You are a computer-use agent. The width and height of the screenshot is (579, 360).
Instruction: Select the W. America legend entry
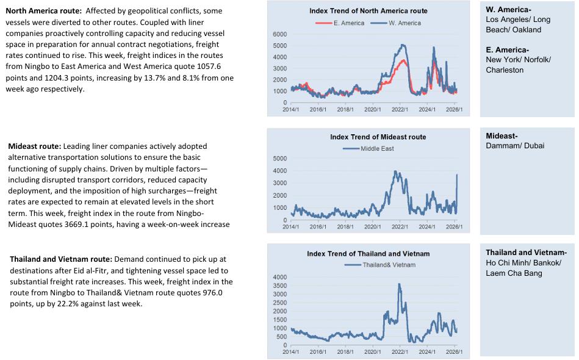point(405,23)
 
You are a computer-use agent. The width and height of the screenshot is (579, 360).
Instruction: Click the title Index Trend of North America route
point(368,11)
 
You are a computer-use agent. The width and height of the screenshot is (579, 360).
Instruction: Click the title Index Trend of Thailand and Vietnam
point(368,254)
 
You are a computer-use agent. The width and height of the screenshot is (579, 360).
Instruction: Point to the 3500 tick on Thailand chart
point(279,286)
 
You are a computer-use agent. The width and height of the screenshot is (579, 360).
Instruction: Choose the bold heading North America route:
point(48,11)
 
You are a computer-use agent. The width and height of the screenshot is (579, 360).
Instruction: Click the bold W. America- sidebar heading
point(508,10)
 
